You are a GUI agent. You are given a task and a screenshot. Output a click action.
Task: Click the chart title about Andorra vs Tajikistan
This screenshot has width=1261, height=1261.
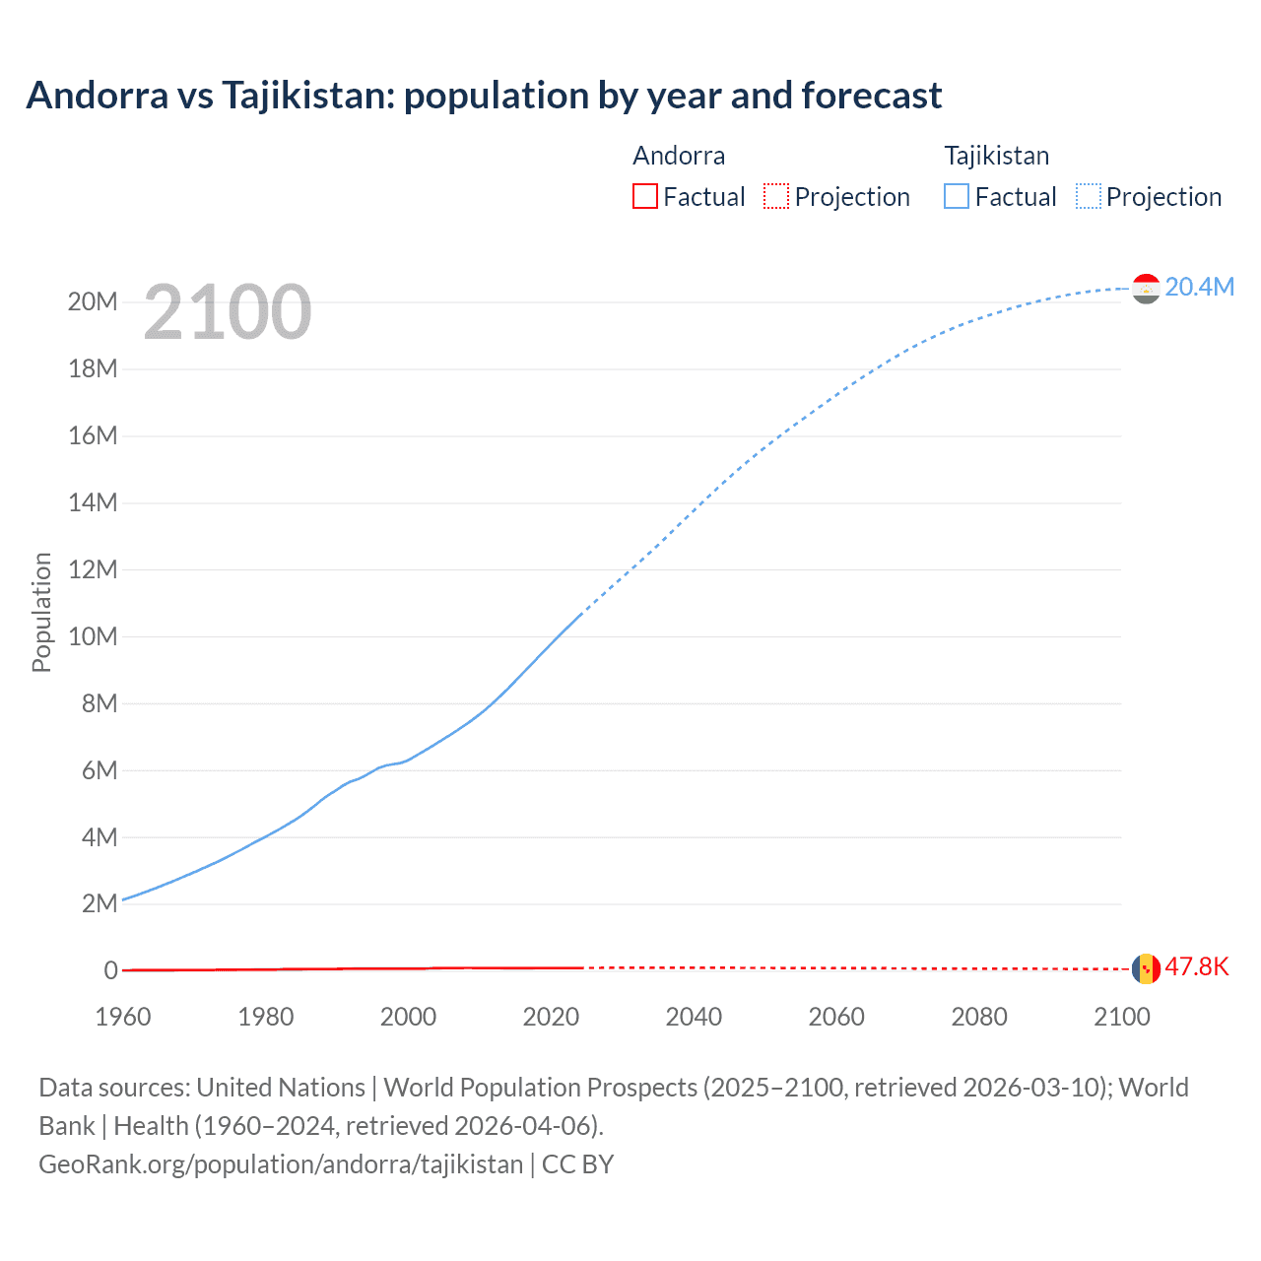pyautogui.click(x=484, y=96)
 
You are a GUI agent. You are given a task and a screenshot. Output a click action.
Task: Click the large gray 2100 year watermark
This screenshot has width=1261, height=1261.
pyautogui.click(x=228, y=312)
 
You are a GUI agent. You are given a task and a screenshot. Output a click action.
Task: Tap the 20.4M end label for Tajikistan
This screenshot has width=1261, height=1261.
pyautogui.click(x=1199, y=287)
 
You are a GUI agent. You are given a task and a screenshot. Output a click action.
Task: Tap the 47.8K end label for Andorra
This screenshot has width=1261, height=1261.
pyautogui.click(x=1197, y=966)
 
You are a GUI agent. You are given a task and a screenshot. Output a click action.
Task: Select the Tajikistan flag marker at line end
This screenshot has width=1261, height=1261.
pyautogui.click(x=1146, y=289)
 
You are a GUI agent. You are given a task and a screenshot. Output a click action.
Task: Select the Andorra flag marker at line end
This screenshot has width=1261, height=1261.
pyautogui.click(x=1146, y=968)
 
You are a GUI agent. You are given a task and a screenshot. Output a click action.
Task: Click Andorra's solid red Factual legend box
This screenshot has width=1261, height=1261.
pyautogui.click(x=644, y=196)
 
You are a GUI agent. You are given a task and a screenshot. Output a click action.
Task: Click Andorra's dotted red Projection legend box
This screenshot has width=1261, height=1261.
pyautogui.click(x=776, y=196)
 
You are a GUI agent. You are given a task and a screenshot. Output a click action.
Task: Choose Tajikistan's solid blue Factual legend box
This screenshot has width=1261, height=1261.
pyautogui.click(x=957, y=196)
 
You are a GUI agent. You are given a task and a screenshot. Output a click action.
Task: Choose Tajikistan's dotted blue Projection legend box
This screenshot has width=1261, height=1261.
pyautogui.click(x=1089, y=196)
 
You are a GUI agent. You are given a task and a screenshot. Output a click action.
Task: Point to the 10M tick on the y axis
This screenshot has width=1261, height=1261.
pyautogui.click(x=93, y=636)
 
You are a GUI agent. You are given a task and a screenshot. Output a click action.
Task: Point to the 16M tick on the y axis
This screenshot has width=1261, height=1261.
pyautogui.click(x=93, y=435)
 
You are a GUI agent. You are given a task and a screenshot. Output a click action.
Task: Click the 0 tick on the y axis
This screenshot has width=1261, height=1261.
pyautogui.click(x=110, y=970)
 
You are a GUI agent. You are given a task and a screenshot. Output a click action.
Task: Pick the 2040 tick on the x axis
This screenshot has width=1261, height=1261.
pyautogui.click(x=694, y=1017)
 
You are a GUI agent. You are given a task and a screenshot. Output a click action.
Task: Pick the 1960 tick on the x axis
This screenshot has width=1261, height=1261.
pyautogui.click(x=123, y=1017)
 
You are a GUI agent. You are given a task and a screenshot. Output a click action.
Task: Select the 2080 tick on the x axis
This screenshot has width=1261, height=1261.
pyautogui.click(x=979, y=1017)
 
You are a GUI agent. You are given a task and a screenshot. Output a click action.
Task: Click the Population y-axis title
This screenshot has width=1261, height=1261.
pyautogui.click(x=41, y=612)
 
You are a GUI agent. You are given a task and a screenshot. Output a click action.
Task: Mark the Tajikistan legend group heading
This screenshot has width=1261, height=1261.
pyautogui.click(x=997, y=156)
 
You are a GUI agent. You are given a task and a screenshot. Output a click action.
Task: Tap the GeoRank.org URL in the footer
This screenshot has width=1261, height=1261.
pyautogui.click(x=281, y=1164)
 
